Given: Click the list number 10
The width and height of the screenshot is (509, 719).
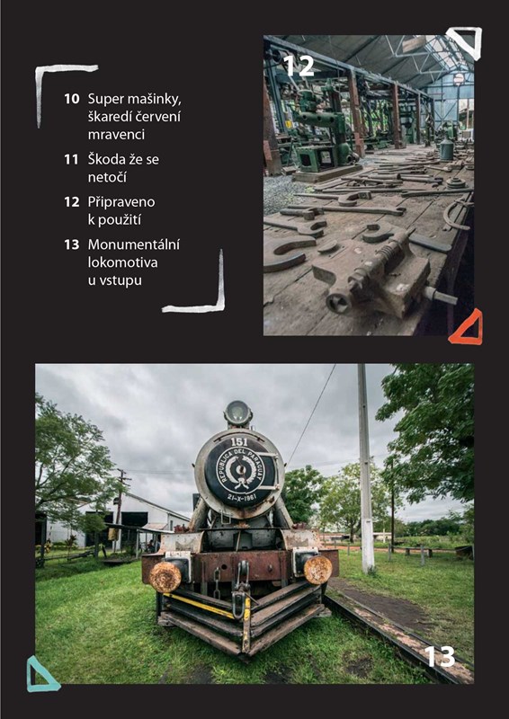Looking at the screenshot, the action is pos(72,99).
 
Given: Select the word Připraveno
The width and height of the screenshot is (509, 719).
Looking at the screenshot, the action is pos(121,202).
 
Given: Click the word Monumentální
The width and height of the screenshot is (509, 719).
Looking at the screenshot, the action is pos(134,244).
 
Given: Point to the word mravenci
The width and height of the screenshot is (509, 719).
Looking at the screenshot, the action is pos(117,135).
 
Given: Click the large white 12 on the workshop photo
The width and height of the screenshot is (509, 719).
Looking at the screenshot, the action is pos(299,66).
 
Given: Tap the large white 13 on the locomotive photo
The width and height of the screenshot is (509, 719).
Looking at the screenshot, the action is pos(440,656).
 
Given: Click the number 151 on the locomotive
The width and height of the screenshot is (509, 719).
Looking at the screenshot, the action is pos(239,442).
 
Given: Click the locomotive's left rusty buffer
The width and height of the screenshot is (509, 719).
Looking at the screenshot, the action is pos(165,576).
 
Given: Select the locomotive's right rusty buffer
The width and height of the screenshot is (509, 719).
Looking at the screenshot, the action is pos(317,570).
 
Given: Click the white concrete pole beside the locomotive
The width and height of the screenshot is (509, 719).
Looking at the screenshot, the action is pos(366,468).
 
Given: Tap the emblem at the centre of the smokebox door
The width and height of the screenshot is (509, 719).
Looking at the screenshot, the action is pos(239,470).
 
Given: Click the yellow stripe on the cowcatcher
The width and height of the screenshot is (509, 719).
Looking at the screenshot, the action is pos(200,605).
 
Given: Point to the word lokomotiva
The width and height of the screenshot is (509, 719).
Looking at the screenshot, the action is pos(122,262).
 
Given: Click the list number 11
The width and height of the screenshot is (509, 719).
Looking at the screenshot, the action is pos(72,160).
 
